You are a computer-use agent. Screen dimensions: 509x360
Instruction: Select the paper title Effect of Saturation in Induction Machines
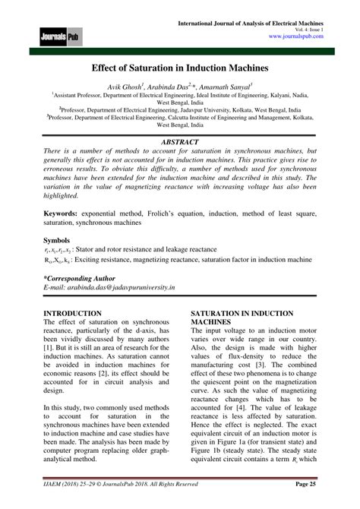coord(179,68)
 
